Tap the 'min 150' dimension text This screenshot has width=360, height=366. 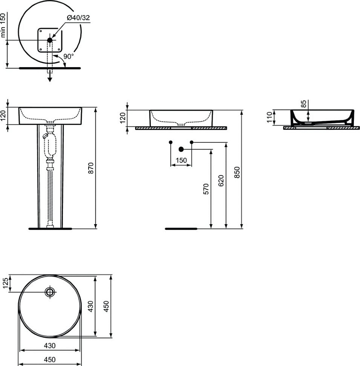(4, 25)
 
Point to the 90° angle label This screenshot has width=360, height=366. (68, 56)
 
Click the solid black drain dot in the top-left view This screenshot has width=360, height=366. (50, 40)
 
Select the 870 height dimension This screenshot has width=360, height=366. (91, 168)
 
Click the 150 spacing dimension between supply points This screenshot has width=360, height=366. (181, 161)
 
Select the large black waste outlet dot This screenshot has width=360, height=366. (181, 150)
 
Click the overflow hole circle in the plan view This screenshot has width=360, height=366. (50, 292)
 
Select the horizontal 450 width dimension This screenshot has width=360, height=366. (50, 359)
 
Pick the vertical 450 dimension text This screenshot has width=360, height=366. (106, 306)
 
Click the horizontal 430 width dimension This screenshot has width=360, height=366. (50, 346)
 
